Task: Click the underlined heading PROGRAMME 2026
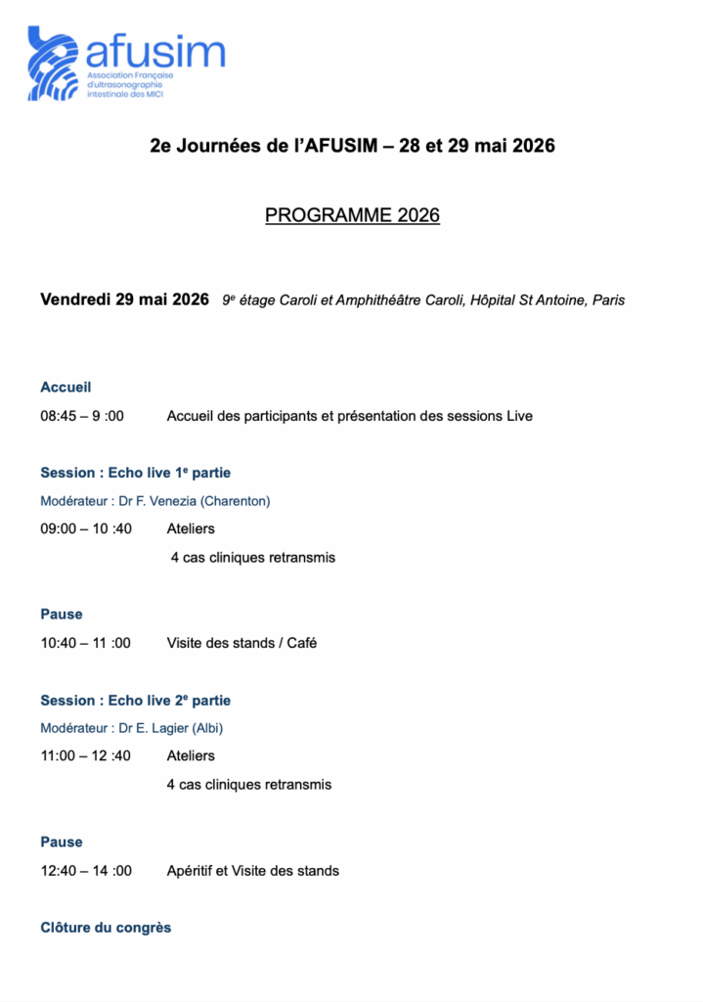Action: [352, 214]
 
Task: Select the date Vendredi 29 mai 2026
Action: [124, 299]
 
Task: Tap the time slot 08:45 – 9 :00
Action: [82, 416]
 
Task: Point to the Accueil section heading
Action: [66, 387]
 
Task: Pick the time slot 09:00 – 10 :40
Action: [86, 529]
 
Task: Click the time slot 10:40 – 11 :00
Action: [85, 643]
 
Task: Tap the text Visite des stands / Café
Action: [242, 643]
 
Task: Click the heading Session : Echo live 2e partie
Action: [135, 701]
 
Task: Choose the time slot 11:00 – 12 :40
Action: [85, 756]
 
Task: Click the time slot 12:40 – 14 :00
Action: [86, 870]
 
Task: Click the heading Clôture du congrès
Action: [106, 927]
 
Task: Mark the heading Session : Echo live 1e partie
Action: [135, 473]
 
